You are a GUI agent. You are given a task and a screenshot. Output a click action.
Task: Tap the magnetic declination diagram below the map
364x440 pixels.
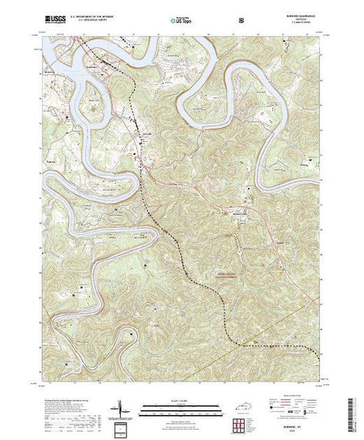pos(121,409)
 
